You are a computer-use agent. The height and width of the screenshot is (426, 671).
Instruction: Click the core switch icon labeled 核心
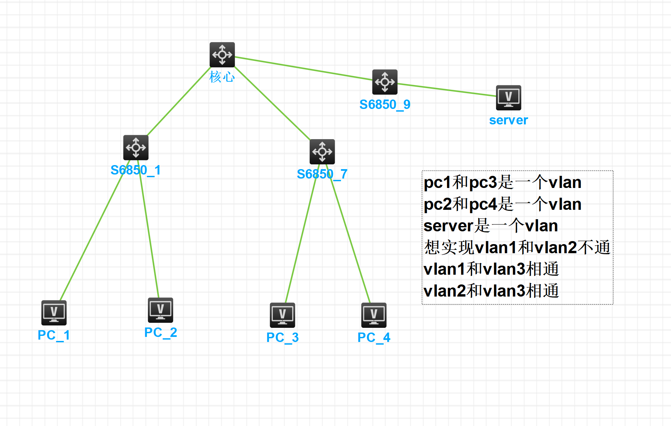coord(222,54)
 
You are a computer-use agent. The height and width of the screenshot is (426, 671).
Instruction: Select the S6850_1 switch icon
coord(136,148)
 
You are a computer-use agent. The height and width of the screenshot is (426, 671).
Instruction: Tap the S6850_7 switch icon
coord(322,152)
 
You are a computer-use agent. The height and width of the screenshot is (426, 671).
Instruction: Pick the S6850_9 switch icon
coord(385,82)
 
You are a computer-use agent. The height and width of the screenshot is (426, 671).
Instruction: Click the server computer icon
coord(509,98)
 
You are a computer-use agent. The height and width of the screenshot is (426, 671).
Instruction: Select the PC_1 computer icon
coord(54,313)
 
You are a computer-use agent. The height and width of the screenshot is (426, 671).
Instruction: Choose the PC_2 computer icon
coord(160,310)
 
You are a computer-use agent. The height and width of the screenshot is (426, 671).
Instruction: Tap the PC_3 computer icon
coord(282,315)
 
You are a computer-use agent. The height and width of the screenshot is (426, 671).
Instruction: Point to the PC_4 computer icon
coord(374,315)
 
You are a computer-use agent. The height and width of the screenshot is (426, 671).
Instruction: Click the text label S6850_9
coord(385,105)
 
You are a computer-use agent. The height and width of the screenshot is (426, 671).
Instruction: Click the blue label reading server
coord(509,120)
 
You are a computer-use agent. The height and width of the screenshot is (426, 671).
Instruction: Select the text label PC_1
coord(54,335)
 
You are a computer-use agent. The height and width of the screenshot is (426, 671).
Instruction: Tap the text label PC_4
coord(374,338)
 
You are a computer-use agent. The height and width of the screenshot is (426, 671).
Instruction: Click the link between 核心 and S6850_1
coord(179,101)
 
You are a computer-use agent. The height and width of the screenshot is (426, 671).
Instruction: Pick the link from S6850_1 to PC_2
coord(148,229)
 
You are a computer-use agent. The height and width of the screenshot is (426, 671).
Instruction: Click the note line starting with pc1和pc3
coord(502,183)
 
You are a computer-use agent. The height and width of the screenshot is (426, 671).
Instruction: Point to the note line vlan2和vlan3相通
coord(491,291)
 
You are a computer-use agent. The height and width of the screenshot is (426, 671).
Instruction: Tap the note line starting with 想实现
coord(517,247)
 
